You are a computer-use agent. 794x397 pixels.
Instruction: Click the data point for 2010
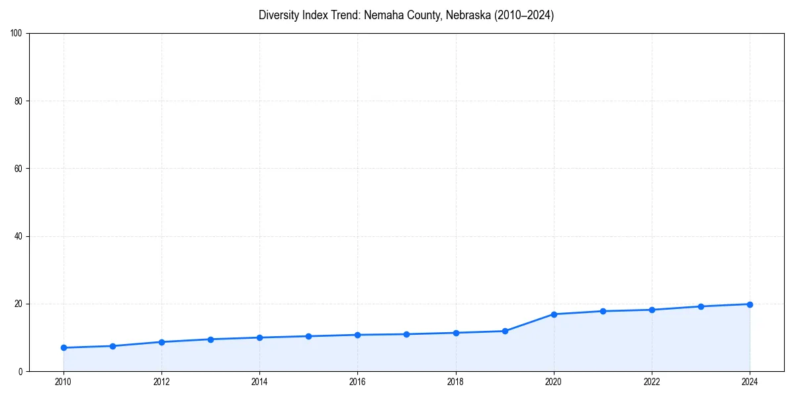tap(64, 347)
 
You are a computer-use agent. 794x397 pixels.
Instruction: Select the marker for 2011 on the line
tap(112, 346)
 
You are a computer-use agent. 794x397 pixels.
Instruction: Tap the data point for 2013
tap(210, 339)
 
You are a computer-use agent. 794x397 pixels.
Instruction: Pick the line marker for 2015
tap(308, 336)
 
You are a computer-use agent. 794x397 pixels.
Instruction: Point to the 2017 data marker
tap(406, 334)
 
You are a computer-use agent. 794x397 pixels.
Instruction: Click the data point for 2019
tap(505, 331)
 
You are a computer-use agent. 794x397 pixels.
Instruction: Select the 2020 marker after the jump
tap(554, 314)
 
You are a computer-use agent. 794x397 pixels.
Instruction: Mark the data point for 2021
tap(603, 311)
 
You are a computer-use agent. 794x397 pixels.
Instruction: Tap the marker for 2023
tap(701, 306)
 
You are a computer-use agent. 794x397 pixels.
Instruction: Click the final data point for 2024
tap(750, 304)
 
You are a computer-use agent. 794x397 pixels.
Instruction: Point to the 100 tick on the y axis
tap(17, 33)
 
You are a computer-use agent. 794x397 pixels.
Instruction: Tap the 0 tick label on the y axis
tap(21, 371)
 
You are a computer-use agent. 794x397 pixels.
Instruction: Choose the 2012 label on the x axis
tap(161, 381)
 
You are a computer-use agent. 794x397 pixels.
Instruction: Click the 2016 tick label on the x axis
tap(357, 381)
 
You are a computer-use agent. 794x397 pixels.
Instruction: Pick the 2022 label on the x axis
tap(652, 381)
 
